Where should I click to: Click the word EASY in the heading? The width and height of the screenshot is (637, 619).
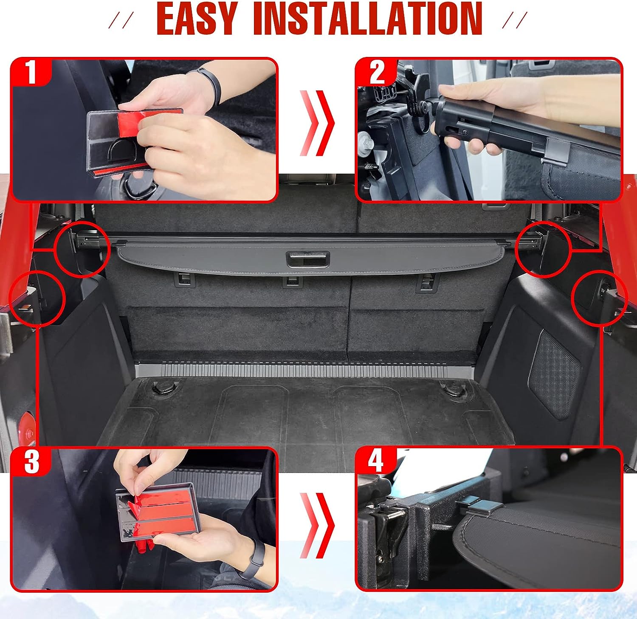pyautogui.click(x=197, y=18)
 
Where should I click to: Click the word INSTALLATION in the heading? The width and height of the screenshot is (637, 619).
pyautogui.click(x=368, y=18)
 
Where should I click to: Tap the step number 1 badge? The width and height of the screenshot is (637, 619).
pyautogui.click(x=31, y=72)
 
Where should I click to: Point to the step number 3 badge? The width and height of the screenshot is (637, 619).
pyautogui.click(x=31, y=461)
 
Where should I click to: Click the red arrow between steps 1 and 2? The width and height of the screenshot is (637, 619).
pyautogui.click(x=317, y=123)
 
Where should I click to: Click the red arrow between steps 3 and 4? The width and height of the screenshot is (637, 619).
pyautogui.click(x=317, y=526)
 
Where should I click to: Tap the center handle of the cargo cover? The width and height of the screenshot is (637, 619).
pyautogui.click(x=308, y=259)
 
